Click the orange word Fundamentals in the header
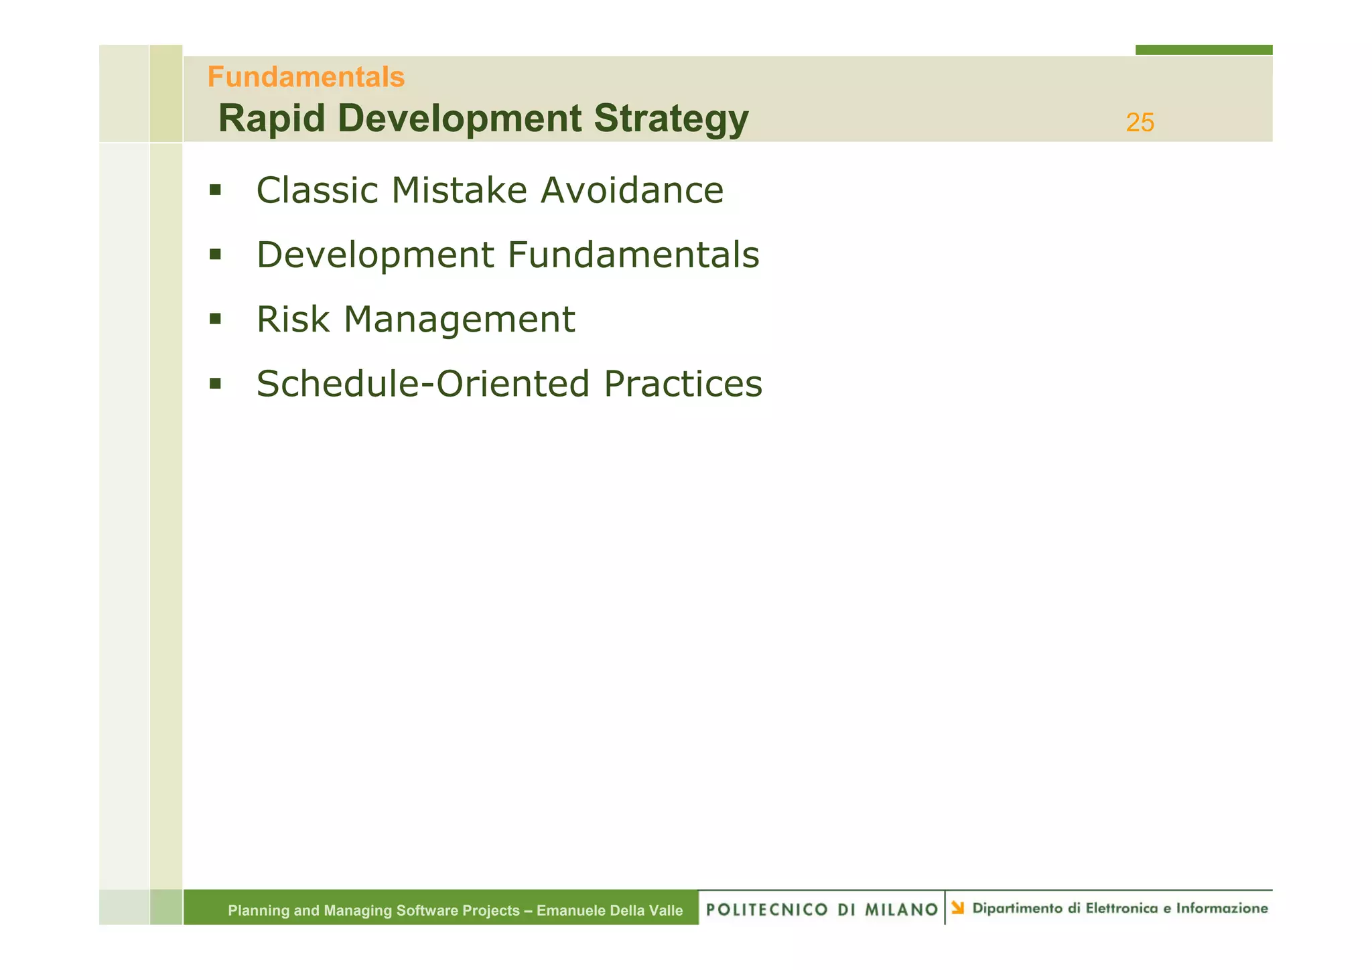pyautogui.click(x=305, y=77)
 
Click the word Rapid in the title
pyautogui.click(x=271, y=119)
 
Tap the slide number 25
pyautogui.click(x=1140, y=123)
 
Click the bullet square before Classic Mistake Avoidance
pyautogui.click(x=215, y=190)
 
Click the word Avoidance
pyautogui.click(x=632, y=190)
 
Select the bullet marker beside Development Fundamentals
pyautogui.click(x=215, y=255)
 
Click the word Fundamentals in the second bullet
pyautogui.click(x=633, y=255)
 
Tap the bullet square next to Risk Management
pyautogui.click(x=215, y=319)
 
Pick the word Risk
pyautogui.click(x=293, y=319)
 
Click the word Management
pyautogui.click(x=459, y=319)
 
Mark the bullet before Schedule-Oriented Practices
pyautogui.click(x=215, y=384)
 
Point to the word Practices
pyautogui.click(x=683, y=384)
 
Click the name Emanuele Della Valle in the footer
pyautogui.click(x=610, y=910)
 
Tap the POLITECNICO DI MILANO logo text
pyautogui.click(x=822, y=910)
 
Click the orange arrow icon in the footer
pyautogui.click(x=958, y=908)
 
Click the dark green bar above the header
pyautogui.click(x=1203, y=50)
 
